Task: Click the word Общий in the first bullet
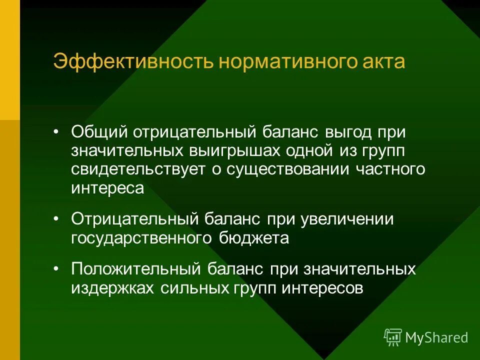point(98,132)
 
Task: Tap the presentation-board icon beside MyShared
point(392,337)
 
